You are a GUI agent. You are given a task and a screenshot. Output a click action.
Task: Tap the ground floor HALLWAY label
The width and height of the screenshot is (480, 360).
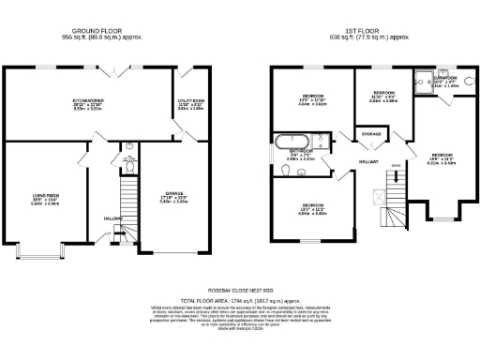(114, 217)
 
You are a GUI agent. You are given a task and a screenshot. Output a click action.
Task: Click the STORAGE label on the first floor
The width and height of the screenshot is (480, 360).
(370, 135)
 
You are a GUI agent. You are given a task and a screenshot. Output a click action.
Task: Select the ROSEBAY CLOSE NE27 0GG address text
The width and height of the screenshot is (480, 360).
(239, 290)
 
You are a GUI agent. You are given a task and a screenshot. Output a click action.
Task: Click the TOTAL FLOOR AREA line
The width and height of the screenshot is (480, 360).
(239, 300)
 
